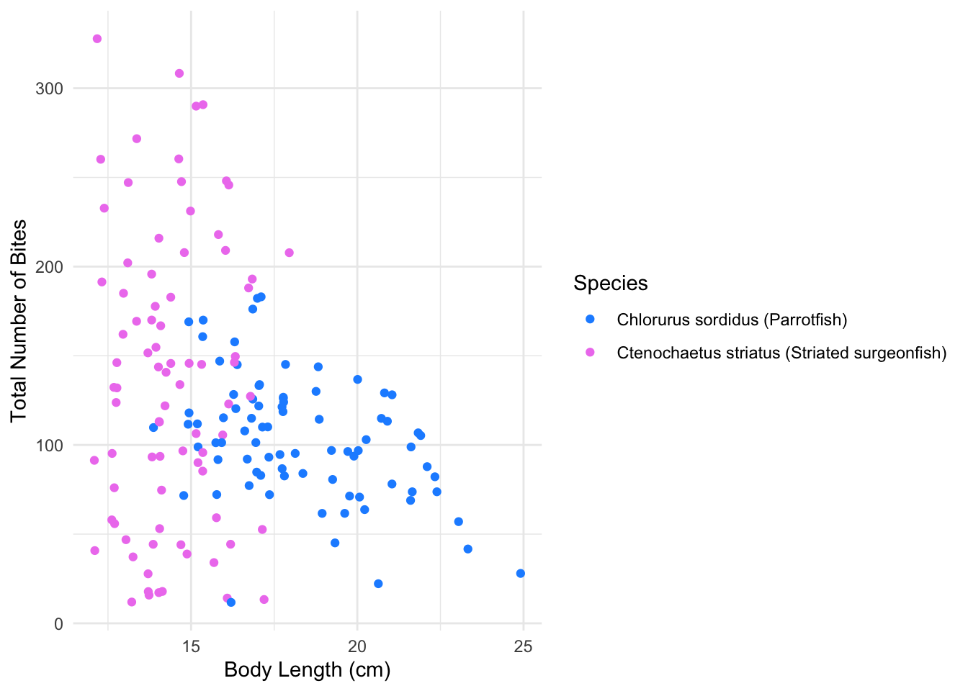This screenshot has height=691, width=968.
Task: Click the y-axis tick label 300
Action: (50, 89)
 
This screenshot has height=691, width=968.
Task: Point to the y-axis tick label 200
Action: (50, 267)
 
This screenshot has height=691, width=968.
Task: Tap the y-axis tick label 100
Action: (50, 446)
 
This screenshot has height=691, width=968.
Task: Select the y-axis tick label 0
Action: (59, 624)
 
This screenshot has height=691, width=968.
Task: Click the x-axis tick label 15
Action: (191, 646)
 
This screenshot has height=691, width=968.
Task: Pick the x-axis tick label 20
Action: (357, 646)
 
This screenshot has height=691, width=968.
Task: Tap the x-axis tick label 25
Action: (524, 646)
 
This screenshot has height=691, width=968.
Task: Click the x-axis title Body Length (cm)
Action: (308, 670)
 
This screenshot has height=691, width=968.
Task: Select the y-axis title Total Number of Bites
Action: (19, 321)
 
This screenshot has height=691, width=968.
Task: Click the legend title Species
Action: (611, 284)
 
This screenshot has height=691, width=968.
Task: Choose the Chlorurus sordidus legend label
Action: (732, 320)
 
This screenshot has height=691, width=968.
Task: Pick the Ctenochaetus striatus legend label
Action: (781, 353)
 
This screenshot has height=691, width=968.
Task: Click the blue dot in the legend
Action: (591, 319)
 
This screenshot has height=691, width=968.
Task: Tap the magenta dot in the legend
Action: (591, 352)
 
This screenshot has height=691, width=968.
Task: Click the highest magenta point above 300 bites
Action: (97, 39)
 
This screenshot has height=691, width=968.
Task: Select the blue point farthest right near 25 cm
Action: (521, 574)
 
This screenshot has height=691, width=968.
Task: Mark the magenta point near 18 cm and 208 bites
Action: (289, 253)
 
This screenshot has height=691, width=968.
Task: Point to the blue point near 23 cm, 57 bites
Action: (459, 522)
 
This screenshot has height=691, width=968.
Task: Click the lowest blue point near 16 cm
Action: (231, 602)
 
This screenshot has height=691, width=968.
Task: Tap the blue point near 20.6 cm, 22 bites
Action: (378, 584)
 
